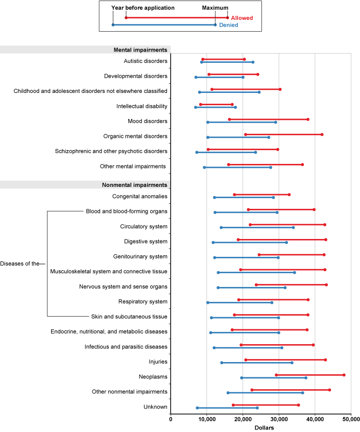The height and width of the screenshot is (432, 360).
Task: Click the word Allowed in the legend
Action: tap(242, 18)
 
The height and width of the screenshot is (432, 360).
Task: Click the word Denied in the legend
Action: tap(228, 25)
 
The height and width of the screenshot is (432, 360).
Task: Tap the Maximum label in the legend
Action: tap(215, 8)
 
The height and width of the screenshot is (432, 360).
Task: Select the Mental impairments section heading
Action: tap(140, 50)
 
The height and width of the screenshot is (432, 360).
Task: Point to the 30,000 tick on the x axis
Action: tap(279, 419)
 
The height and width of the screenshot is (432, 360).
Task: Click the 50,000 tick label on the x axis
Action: tap(351, 419)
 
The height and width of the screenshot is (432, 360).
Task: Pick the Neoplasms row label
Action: tap(153, 377)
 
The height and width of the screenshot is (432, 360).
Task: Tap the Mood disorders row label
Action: tap(148, 121)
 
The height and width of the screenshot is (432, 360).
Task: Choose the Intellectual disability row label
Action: tap(142, 106)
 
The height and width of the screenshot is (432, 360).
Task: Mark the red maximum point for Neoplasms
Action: tap(344, 375)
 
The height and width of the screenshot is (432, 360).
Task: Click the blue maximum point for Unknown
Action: tap(257, 407)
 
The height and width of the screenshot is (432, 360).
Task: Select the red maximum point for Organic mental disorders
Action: tap(322, 134)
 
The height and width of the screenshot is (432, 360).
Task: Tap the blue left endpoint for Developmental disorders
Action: tap(196, 77)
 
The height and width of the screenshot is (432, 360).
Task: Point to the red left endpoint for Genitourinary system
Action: tap(259, 254)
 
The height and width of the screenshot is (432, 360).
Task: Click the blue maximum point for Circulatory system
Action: tap(294, 227)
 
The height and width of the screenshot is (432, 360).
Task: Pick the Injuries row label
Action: tap(158, 362)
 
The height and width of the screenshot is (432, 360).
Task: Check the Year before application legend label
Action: tap(142, 8)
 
